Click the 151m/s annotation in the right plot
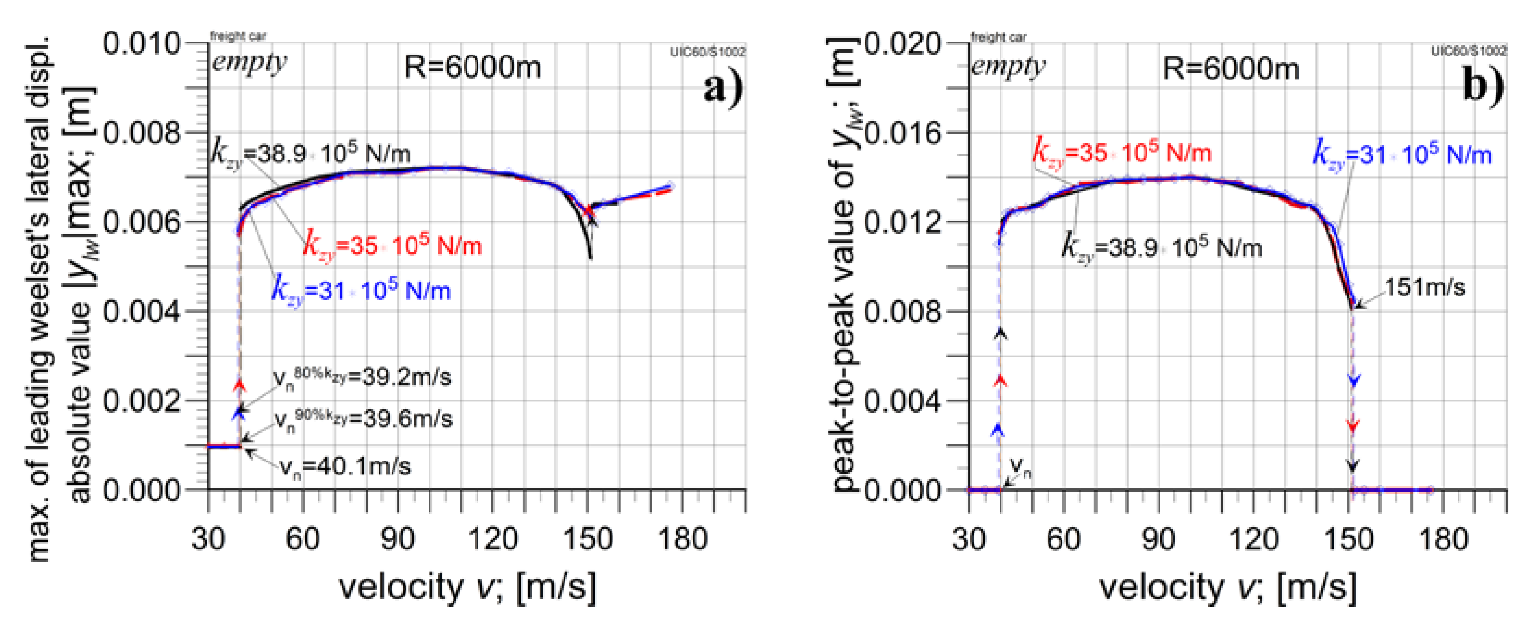[1424, 288]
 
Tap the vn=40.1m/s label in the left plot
[345, 466]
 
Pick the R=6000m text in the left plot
[472, 67]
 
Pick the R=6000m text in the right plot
[1231, 69]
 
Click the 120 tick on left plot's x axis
[493, 539]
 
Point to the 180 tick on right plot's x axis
[1443, 539]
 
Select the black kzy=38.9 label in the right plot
[1162, 246]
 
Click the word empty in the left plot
[249, 62]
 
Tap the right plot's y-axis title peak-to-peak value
[844, 265]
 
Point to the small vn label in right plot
[1021, 467]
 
